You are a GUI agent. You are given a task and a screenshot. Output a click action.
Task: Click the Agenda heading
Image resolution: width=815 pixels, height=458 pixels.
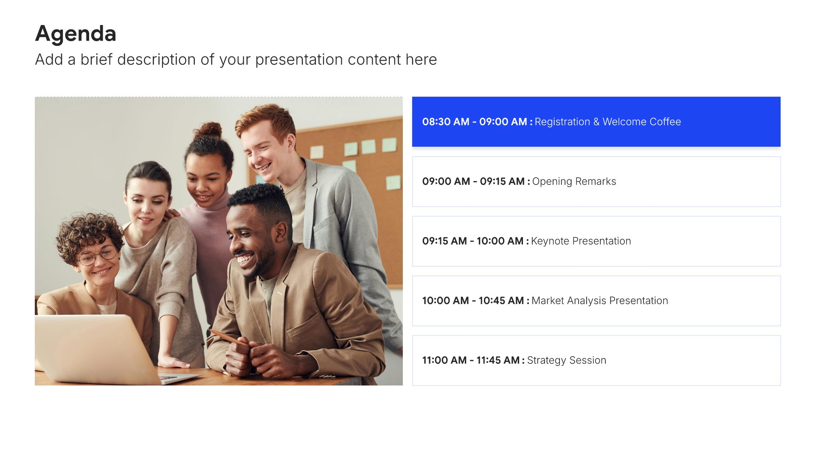click(x=76, y=34)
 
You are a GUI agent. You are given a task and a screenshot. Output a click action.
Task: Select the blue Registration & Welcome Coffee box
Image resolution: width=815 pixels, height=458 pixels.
click(x=596, y=122)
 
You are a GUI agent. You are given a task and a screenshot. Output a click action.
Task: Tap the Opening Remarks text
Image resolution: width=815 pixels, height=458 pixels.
click(x=574, y=182)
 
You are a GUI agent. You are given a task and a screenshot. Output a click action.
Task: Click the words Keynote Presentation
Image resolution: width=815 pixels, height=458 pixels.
click(x=581, y=241)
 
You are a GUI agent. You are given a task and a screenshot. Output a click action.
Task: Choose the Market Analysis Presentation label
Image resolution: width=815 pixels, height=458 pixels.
click(x=599, y=301)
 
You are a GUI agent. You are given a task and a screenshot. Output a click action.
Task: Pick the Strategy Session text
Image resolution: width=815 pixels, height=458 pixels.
click(x=566, y=360)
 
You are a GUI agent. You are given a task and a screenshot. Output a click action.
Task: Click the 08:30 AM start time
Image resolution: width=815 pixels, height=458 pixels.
click(x=446, y=122)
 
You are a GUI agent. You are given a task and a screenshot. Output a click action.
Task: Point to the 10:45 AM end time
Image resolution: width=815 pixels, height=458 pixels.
click(x=501, y=301)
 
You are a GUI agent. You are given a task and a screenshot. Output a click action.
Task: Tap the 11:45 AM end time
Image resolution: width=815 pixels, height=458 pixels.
click(x=498, y=360)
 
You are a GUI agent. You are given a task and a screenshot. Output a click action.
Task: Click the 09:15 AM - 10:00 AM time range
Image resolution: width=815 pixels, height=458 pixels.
click(x=472, y=241)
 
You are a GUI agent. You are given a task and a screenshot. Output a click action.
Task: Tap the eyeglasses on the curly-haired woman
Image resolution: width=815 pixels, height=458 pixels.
click(x=98, y=254)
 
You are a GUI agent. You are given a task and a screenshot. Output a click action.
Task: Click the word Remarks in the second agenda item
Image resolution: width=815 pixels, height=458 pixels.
click(x=596, y=182)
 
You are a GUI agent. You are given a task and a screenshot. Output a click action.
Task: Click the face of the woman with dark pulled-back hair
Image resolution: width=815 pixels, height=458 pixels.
click(x=146, y=208)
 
